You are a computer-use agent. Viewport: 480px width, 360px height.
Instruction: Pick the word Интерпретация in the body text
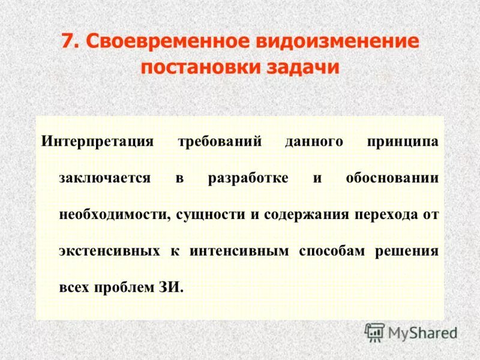98,143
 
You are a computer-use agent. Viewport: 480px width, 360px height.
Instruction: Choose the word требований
221,143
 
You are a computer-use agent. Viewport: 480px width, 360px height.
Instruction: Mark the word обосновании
392,179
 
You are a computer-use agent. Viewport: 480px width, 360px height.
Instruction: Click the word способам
331,251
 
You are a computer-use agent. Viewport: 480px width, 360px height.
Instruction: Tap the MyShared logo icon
374,332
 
